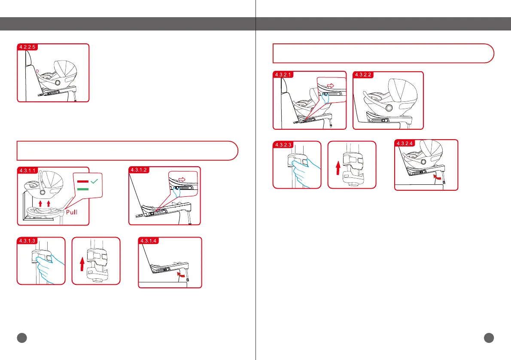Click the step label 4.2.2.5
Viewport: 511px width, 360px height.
27,47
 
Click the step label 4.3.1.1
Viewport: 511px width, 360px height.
27,171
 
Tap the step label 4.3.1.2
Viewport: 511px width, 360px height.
139,170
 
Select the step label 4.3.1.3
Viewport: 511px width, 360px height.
27,241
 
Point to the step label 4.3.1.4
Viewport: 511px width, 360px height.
149,241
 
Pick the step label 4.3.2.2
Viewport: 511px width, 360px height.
363,75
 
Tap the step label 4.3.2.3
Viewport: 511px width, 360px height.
283,144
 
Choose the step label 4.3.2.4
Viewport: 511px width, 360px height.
405,143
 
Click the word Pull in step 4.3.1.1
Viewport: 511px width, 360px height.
72,212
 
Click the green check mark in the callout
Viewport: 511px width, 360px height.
94,181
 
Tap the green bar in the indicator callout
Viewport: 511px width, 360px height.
83,189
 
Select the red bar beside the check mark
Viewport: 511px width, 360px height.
83,181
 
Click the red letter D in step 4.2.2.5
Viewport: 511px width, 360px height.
37,71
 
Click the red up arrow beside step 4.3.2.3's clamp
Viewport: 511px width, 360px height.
338,168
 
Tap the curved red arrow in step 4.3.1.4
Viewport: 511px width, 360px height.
180,275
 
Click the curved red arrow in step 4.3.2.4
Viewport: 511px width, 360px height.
437,177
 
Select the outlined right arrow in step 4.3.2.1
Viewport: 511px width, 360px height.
331,86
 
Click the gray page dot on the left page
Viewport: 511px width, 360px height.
22,338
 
